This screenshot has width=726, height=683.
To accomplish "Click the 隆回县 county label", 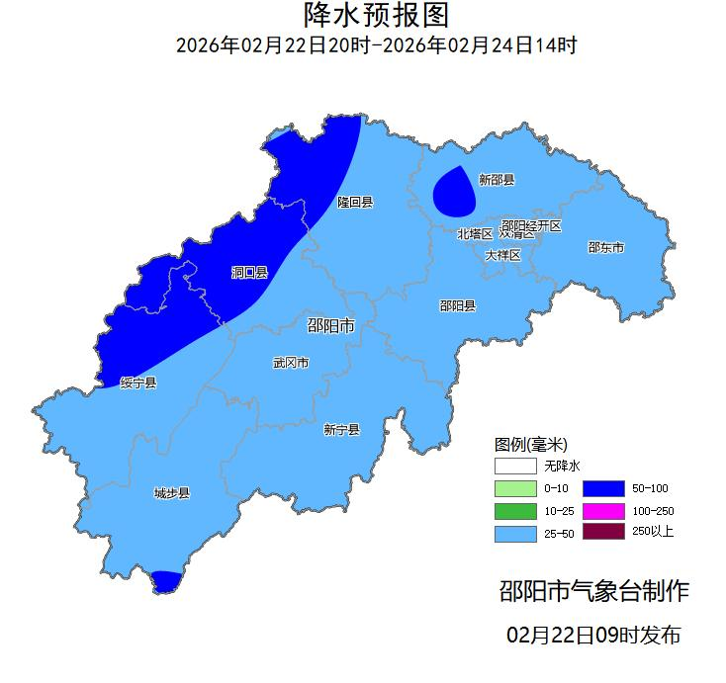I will click(x=354, y=203).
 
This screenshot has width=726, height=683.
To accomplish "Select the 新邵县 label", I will click(x=497, y=180).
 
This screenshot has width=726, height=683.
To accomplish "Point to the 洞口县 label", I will click(x=249, y=272).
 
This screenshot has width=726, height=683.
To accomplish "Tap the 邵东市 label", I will click(x=605, y=248).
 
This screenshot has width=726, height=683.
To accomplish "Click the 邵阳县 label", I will click(x=457, y=306).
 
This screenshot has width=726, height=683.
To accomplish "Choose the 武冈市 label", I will click(x=291, y=363).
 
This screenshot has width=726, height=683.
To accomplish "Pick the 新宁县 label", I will click(x=341, y=430).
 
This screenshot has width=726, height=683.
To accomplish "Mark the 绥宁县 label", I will click(x=138, y=383).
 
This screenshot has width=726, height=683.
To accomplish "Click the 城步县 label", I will click(x=171, y=493).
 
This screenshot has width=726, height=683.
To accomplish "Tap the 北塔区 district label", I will click(x=474, y=234).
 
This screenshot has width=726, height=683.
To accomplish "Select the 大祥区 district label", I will click(x=501, y=255).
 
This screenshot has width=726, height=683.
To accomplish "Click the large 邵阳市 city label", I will click(x=331, y=326).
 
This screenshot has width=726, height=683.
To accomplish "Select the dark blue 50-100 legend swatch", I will click(x=602, y=488).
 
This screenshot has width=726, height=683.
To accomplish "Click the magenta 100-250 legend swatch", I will click(x=602, y=511).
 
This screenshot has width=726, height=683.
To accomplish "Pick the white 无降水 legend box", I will click(x=514, y=466).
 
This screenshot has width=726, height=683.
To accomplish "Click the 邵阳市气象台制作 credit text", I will click(x=593, y=592).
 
